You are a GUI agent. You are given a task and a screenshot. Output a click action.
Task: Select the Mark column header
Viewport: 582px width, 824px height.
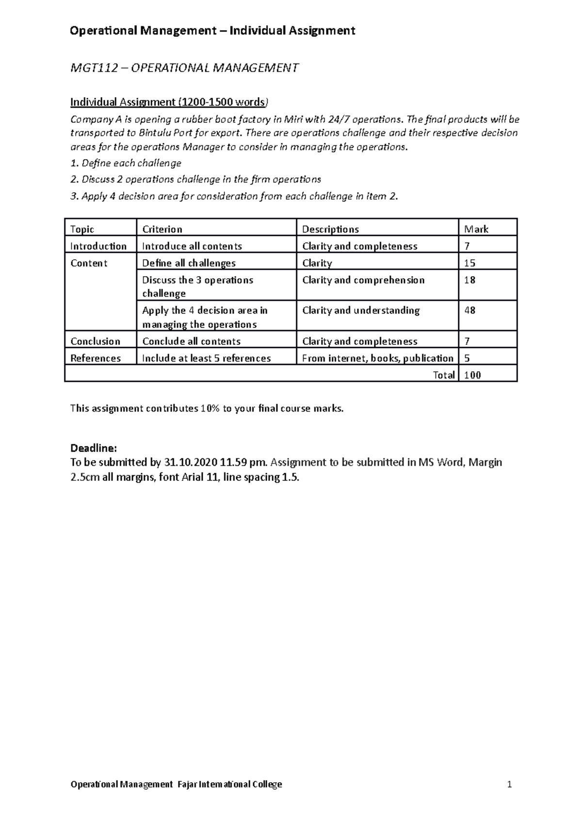(x=476, y=229)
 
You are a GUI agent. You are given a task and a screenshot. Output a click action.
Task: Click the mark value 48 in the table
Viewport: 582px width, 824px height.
(x=469, y=311)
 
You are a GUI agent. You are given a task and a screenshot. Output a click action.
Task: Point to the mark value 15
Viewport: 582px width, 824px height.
(x=469, y=263)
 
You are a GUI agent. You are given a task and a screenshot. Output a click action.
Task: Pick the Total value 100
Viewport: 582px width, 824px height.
(x=472, y=375)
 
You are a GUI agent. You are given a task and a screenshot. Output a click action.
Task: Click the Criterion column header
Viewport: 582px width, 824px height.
(x=162, y=229)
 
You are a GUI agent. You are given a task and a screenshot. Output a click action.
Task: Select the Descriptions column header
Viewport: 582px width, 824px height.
(x=330, y=229)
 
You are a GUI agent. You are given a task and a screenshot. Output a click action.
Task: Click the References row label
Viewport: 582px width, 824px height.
(x=96, y=358)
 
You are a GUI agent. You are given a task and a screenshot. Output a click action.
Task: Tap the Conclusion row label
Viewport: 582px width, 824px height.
(x=95, y=341)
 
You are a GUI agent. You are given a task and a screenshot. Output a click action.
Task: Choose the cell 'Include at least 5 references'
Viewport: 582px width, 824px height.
(x=206, y=358)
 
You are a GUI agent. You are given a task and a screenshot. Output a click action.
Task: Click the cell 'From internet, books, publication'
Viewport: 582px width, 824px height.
(x=377, y=358)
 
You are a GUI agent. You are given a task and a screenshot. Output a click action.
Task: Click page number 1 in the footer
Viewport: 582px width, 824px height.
(x=509, y=784)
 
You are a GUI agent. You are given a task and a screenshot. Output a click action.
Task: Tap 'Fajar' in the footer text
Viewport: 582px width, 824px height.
(x=188, y=784)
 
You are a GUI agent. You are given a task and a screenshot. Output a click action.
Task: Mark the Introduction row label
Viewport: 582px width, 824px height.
(x=98, y=246)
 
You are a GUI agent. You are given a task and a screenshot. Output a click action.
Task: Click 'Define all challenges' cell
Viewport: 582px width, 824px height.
(x=189, y=263)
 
